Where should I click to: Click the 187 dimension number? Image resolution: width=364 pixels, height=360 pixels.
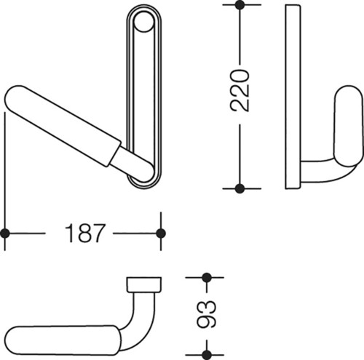click(x=85, y=233)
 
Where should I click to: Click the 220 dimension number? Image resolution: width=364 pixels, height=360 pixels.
click(x=240, y=91)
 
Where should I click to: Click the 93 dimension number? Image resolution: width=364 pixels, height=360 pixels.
click(x=207, y=314)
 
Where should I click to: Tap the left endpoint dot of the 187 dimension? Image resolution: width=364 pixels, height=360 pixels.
click(x=5, y=233)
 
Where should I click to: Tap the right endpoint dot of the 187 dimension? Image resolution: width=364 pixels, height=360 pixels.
click(x=161, y=233)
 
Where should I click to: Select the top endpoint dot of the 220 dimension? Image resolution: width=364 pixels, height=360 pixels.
click(x=240, y=5)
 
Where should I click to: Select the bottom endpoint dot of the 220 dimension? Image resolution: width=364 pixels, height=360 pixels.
click(x=240, y=188)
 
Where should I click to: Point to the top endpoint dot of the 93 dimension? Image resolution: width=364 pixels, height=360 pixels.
click(x=207, y=278)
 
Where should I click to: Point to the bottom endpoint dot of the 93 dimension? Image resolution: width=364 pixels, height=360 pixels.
click(x=207, y=355)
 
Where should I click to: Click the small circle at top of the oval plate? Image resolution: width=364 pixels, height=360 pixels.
click(x=143, y=22)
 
